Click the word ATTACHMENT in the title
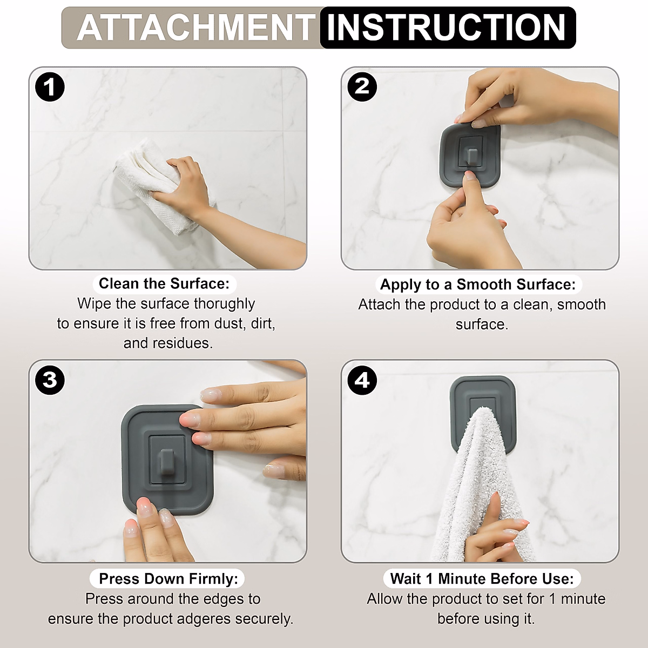click(195, 28)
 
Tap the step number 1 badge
click(50, 87)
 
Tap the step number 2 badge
click(362, 86)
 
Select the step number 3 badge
click(50, 380)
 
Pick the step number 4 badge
click(362, 380)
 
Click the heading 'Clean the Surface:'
click(164, 283)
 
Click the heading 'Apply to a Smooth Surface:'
click(477, 285)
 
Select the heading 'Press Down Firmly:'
click(168, 579)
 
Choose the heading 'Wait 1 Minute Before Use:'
click(482, 579)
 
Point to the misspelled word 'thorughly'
click(224, 303)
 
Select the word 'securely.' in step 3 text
click(265, 619)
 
